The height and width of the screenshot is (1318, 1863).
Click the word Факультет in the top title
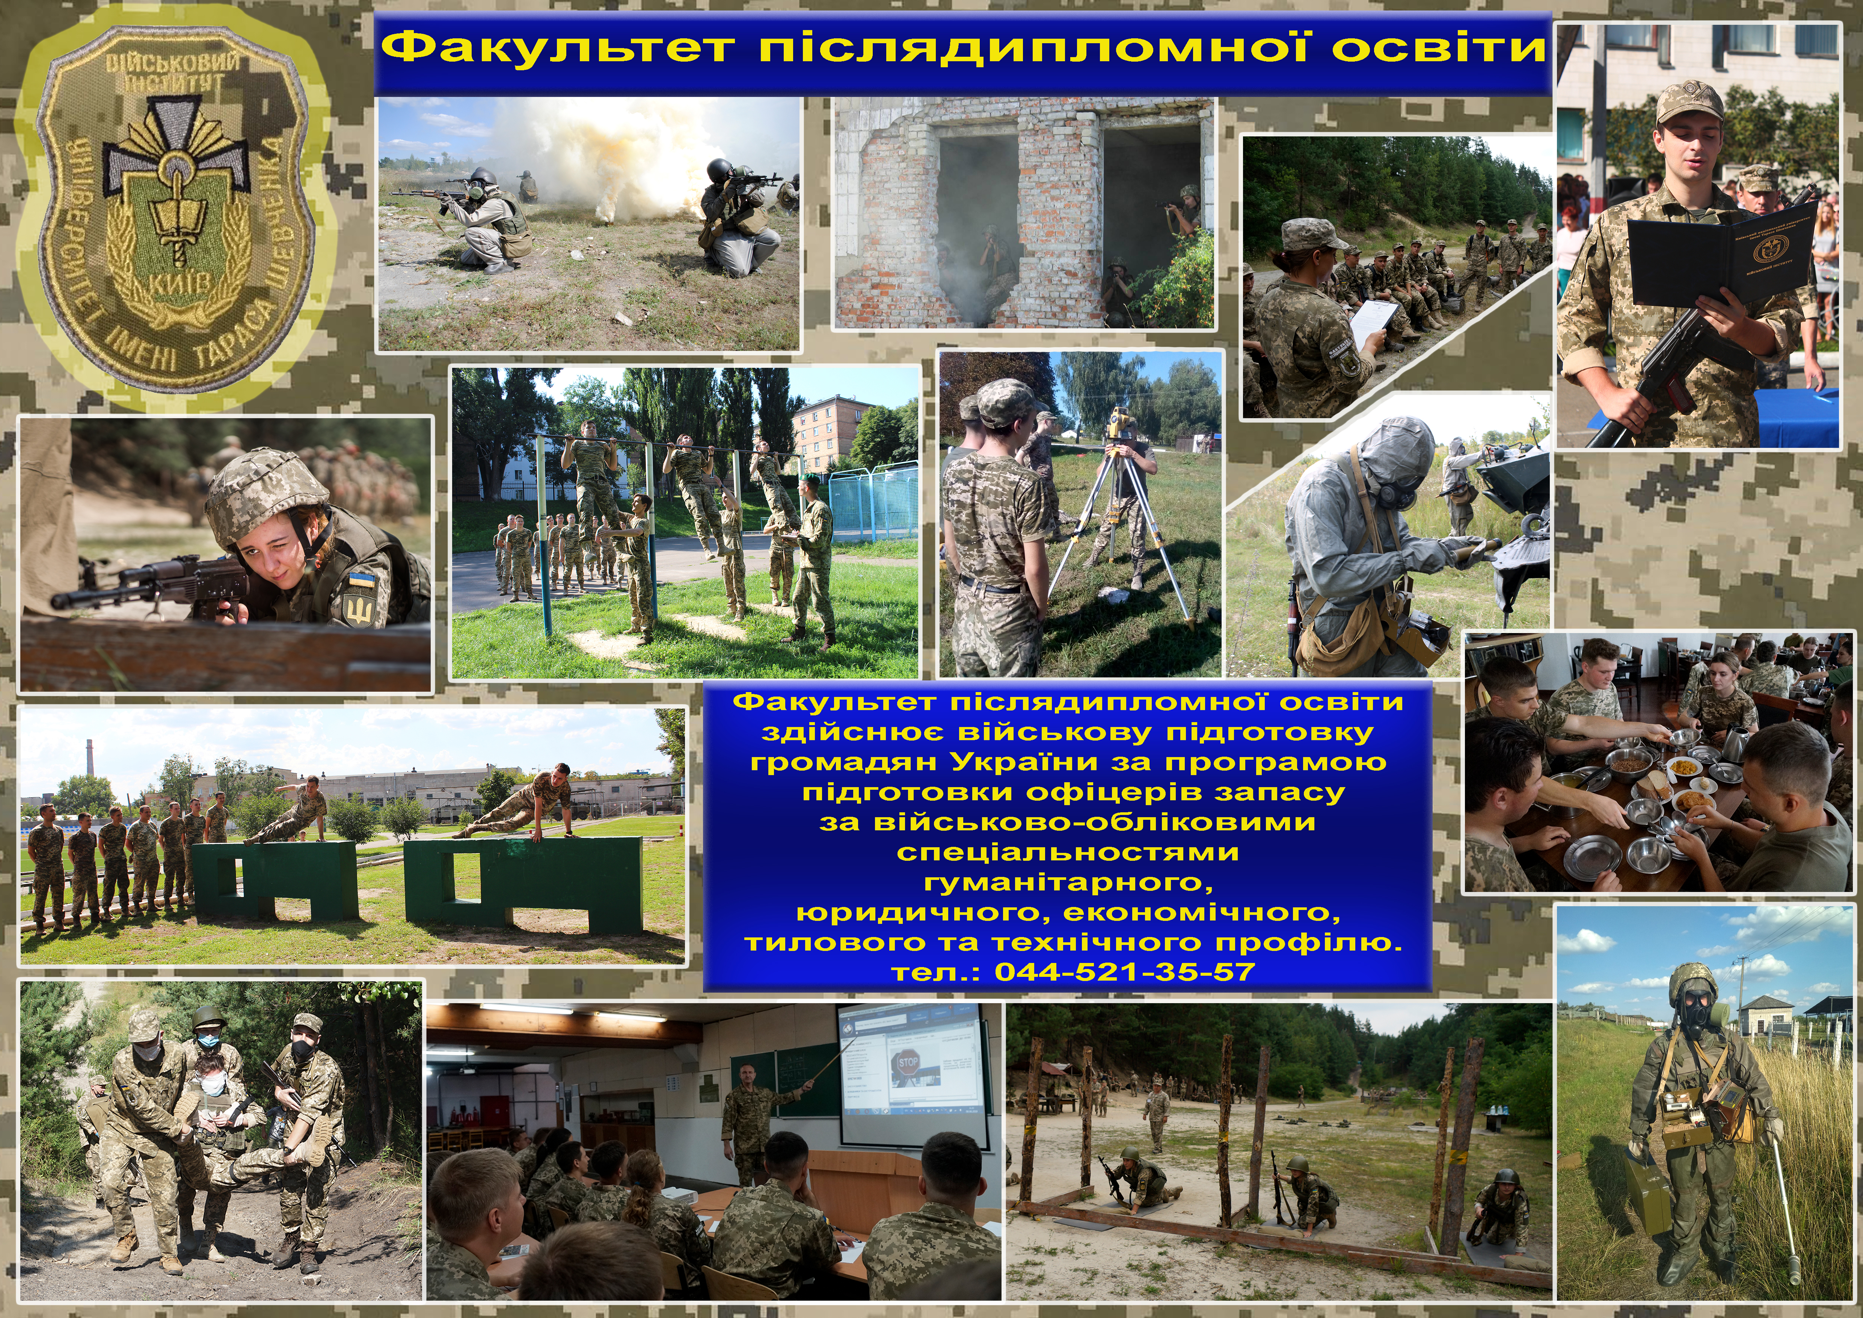point(558,47)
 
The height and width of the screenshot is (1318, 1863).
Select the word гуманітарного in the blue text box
point(1068,882)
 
